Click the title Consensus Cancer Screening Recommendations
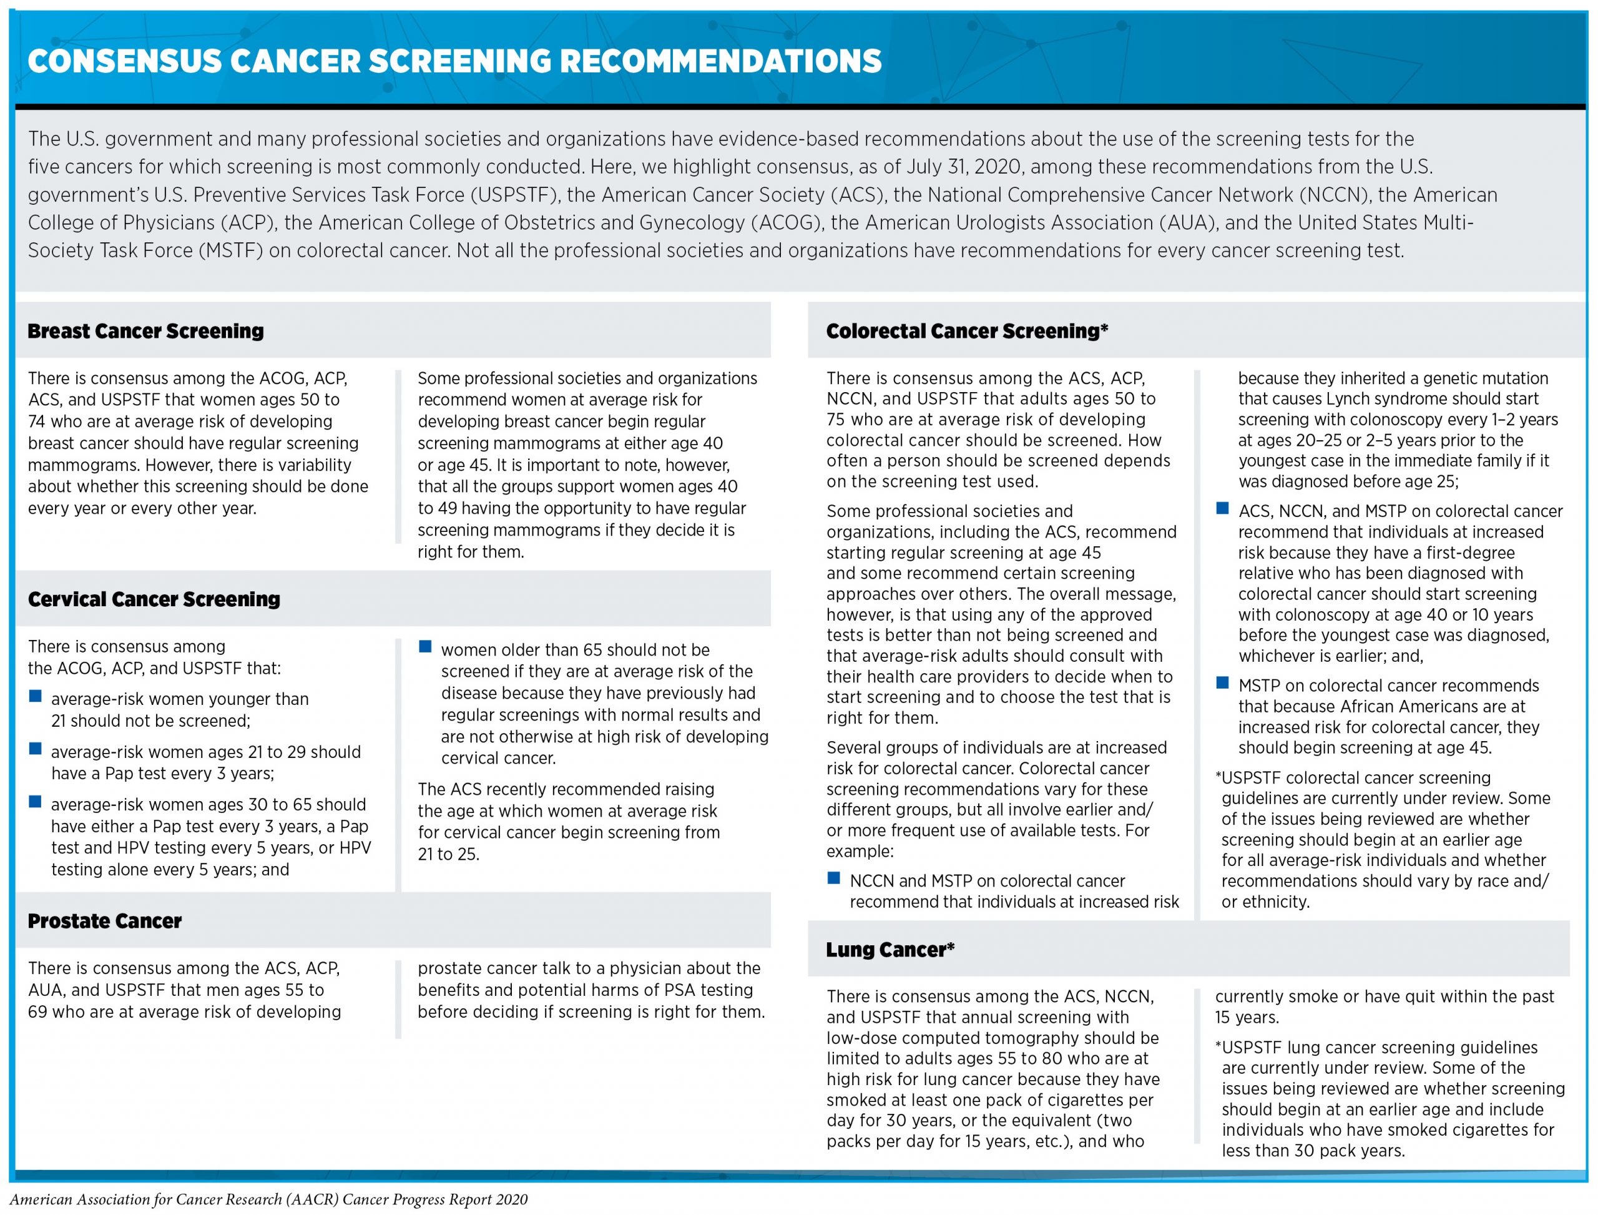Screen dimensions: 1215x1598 [454, 61]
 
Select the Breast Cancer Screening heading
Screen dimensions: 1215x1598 [145, 332]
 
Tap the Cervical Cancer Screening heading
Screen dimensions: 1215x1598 [154, 599]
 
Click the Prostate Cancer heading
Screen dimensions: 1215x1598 [105, 921]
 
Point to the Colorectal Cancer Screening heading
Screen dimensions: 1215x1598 [967, 332]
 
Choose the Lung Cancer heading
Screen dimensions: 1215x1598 [890, 950]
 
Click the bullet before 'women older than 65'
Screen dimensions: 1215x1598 [425, 647]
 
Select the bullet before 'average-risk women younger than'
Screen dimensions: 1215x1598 [35, 696]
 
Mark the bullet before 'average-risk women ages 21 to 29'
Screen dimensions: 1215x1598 [35, 749]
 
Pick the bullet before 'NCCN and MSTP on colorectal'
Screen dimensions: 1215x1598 [834, 878]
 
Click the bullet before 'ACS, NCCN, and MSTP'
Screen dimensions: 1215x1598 [1223, 508]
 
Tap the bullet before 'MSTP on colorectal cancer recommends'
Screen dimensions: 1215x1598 [1223, 682]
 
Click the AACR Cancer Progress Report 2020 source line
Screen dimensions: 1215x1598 [268, 1200]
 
